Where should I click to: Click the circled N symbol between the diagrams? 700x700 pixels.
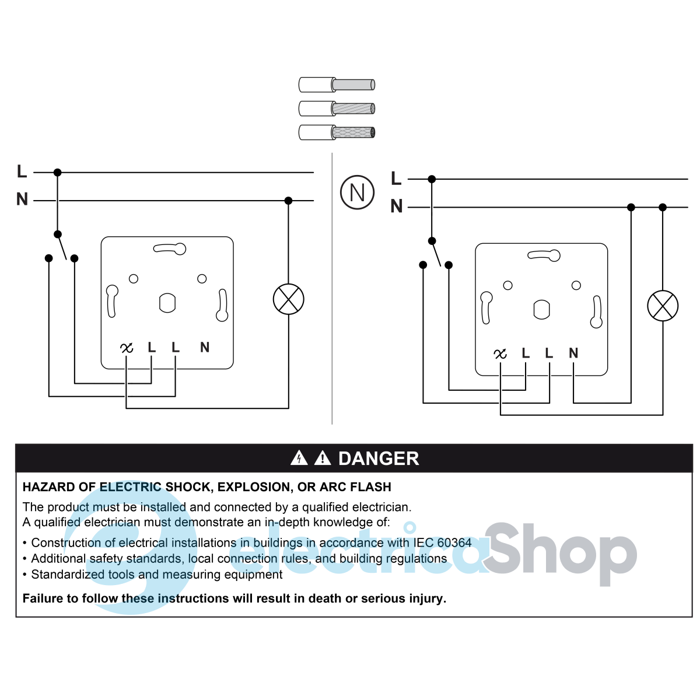[357, 192]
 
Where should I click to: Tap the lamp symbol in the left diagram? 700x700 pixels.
[288, 299]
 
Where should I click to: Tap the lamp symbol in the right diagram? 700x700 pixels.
[663, 306]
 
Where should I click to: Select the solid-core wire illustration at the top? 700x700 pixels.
[337, 85]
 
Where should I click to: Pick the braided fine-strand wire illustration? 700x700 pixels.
[337, 132]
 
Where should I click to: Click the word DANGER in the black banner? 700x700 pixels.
[379, 459]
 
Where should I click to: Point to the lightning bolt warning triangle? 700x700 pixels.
[299, 458]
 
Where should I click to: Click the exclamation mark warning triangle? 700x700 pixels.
[322, 458]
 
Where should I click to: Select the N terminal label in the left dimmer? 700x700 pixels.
[205, 347]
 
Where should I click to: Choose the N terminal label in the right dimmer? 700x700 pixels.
[573, 353]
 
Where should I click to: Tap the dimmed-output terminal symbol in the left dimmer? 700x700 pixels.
[127, 348]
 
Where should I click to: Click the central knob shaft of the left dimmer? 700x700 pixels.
[167, 303]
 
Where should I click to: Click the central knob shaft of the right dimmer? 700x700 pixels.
[541, 310]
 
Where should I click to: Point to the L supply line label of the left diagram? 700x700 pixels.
[22, 171]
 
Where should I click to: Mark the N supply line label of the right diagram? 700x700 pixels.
[396, 206]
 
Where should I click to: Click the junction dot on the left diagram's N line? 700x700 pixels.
[288, 201]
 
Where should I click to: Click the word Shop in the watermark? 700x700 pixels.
[560, 554]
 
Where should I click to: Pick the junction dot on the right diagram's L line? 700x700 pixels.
[432, 179]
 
